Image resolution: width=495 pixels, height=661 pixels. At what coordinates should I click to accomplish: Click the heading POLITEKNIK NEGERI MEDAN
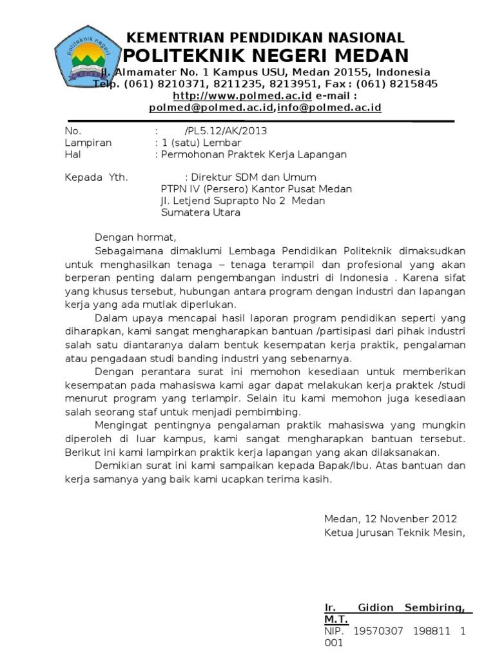pyautogui.click(x=266, y=55)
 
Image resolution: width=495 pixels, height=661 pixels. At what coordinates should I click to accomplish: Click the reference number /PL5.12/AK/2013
pyautogui.click(x=225, y=131)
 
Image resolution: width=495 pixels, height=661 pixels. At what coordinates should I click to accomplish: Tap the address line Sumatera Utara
pyautogui.click(x=200, y=212)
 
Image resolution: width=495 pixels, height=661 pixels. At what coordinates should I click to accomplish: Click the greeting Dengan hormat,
pyautogui.click(x=135, y=237)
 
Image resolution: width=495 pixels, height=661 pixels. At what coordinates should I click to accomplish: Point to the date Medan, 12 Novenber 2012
pyautogui.click(x=391, y=519)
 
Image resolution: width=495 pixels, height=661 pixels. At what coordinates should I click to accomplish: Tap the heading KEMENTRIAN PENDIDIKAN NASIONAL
pyautogui.click(x=265, y=37)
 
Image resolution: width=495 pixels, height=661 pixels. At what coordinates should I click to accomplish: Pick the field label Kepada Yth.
pyautogui.click(x=97, y=178)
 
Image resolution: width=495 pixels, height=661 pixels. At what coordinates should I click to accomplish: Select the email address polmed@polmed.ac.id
pyautogui.click(x=213, y=108)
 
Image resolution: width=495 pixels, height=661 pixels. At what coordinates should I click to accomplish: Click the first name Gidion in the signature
pyautogui.click(x=373, y=607)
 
